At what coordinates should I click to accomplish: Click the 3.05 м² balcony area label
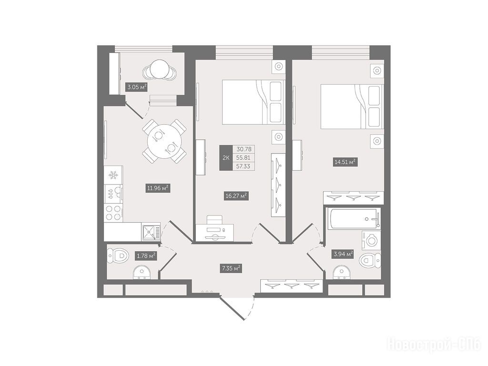(137, 87)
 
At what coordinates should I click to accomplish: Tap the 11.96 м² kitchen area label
(158, 188)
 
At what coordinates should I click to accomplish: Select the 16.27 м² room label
(236, 196)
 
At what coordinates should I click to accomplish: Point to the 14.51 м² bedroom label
(345, 162)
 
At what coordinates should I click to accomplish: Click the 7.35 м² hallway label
(231, 268)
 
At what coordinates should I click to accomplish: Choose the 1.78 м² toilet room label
(145, 256)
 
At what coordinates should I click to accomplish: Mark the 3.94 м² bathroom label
(343, 254)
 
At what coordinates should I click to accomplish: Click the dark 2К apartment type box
(226, 158)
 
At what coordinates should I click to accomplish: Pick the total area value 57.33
(243, 166)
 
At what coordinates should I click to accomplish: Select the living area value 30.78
(244, 149)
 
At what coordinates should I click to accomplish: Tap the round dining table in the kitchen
(164, 141)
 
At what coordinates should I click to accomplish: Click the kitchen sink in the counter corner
(151, 232)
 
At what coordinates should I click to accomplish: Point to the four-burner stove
(113, 213)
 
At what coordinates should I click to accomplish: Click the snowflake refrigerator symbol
(113, 175)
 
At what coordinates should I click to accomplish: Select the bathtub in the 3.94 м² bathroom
(354, 219)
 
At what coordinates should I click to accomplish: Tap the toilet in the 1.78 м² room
(118, 256)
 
